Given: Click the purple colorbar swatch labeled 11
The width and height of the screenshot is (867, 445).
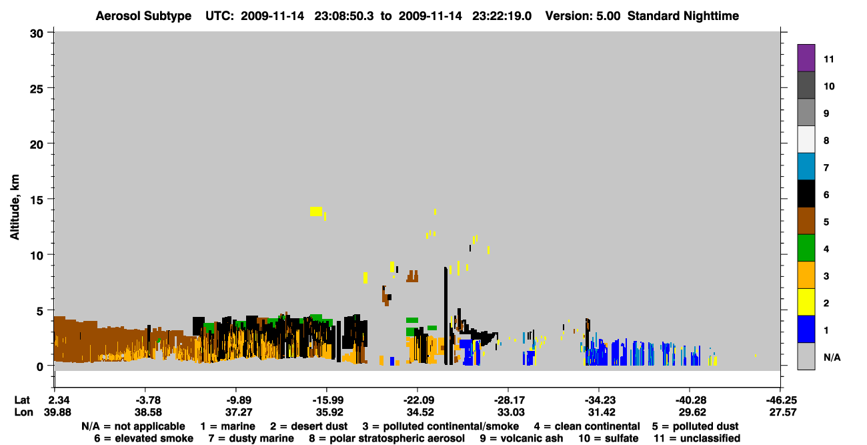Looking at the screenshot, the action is [806, 58].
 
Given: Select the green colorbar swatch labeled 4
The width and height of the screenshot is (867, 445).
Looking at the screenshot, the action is [806, 248].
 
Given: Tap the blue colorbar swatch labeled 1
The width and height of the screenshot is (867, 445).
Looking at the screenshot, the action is [806, 329].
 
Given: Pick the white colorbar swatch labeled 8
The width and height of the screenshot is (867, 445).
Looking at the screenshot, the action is [806, 139].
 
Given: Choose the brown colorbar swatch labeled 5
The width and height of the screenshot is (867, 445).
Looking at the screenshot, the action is [806, 221].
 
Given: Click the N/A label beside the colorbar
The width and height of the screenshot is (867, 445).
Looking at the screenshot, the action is [832, 358].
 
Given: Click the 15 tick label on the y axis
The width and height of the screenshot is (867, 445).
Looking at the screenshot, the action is [37, 200].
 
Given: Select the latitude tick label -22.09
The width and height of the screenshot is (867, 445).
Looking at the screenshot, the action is [419, 400].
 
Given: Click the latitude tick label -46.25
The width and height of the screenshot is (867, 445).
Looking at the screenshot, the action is [781, 400].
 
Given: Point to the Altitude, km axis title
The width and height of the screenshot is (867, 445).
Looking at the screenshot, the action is [15, 207].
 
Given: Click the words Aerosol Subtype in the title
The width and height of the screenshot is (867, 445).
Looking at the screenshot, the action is [143, 16].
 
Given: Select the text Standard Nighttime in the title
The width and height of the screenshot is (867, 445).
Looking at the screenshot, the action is [683, 16].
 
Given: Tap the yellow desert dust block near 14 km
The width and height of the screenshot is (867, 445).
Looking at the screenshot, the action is [316, 211].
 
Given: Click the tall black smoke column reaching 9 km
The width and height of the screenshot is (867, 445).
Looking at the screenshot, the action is [446, 316].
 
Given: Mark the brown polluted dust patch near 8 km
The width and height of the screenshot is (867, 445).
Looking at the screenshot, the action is [412, 276].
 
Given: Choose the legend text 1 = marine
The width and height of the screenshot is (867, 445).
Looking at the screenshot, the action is [227, 426].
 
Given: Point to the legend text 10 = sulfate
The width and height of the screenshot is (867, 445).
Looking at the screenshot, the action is [608, 438].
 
